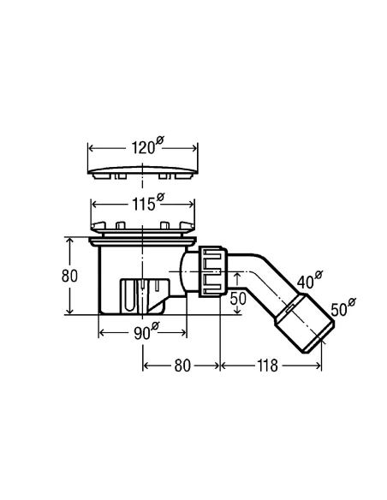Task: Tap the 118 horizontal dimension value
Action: coord(267,366)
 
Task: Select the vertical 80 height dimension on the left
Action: coord(69,276)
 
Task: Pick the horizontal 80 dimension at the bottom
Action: coord(182,366)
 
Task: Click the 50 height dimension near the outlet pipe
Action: coord(238,299)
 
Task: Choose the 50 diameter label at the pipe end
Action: coord(343,307)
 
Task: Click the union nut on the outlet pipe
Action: coord(211,271)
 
